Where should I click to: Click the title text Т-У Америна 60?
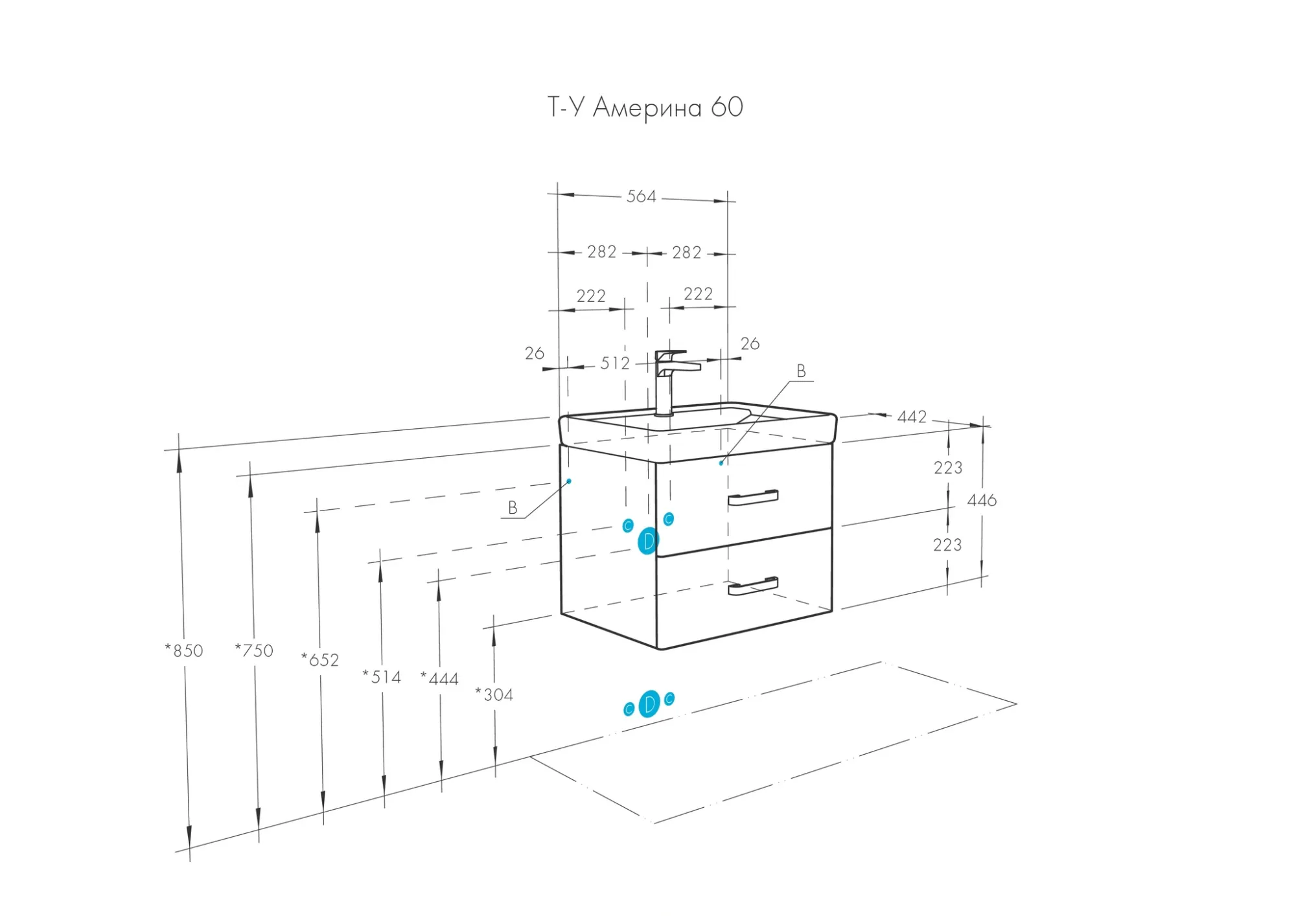click(645, 108)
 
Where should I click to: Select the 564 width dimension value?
click(641, 196)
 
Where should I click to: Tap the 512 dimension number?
click(614, 363)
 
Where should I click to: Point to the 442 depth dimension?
click(912, 417)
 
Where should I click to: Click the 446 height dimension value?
click(982, 500)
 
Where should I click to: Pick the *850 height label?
click(185, 650)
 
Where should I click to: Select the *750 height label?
click(255, 650)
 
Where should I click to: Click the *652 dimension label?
click(321, 660)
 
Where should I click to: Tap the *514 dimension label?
click(382, 677)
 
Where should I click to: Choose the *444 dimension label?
click(441, 679)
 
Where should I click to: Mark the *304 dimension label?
click(495, 695)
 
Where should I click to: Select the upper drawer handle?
click(752, 498)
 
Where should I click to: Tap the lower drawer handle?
click(752, 586)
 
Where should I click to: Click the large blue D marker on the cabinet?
click(648, 542)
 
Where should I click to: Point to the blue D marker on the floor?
click(649, 704)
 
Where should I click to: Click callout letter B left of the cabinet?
click(513, 508)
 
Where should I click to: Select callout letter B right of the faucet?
click(801, 371)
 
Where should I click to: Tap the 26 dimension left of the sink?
click(535, 354)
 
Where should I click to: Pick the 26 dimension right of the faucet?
click(750, 344)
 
